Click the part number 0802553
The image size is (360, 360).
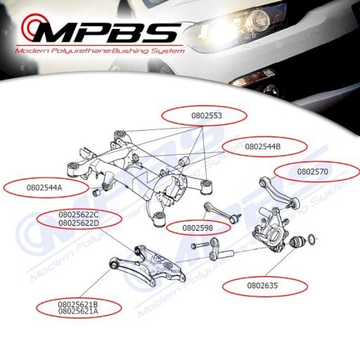207,116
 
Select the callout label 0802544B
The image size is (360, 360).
263,147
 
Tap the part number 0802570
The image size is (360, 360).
313,172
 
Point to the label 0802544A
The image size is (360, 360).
44,188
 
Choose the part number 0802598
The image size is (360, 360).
198,228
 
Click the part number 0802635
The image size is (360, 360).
262,285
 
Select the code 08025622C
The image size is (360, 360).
79,214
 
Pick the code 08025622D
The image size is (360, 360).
79,223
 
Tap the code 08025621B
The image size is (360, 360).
78,304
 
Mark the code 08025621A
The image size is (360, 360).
78,311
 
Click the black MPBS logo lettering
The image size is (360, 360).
107,32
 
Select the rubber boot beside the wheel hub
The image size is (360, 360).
297,242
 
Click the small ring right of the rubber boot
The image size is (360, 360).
311,239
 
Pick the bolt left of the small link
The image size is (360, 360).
200,246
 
